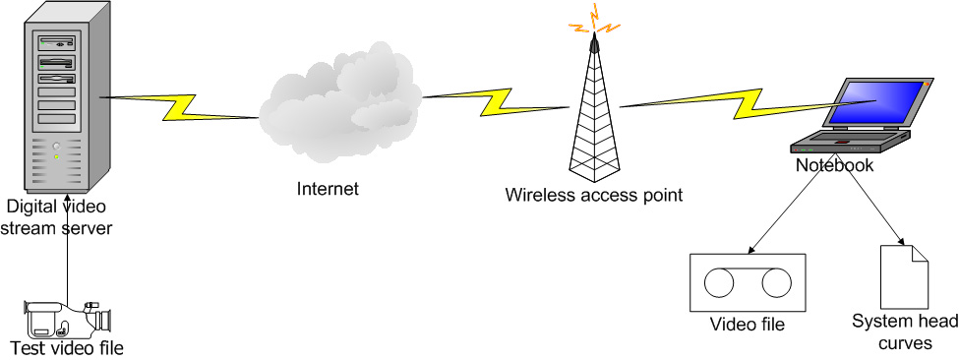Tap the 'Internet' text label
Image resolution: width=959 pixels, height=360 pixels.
pos(329,189)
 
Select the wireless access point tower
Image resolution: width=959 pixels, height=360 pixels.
pos(594,118)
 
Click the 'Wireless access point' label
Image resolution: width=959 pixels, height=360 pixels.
pos(593,195)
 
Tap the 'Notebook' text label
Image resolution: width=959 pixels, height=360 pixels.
pos(834,165)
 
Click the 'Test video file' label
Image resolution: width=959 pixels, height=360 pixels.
pos(67,347)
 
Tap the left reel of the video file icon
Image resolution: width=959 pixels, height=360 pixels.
pos(720,283)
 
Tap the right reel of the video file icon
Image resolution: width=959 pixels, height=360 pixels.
pos(776,283)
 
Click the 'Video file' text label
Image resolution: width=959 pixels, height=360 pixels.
pos(749,324)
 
